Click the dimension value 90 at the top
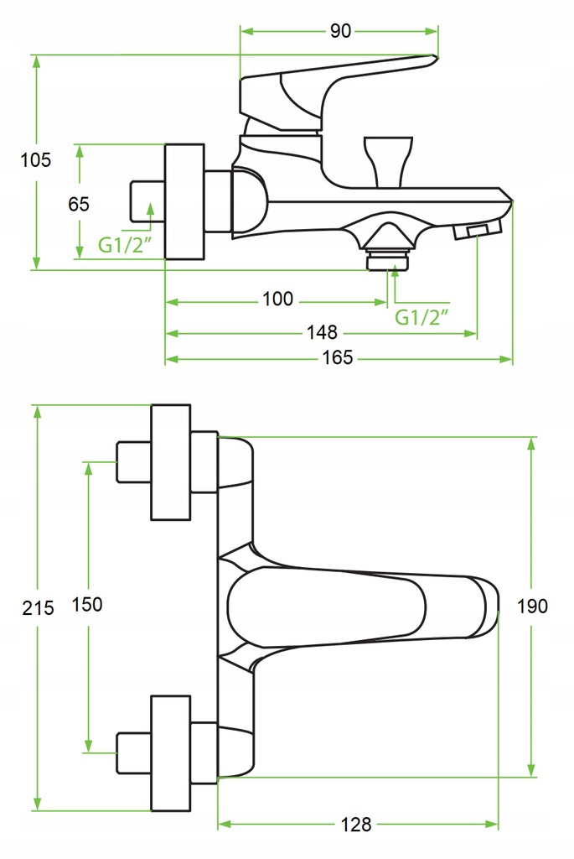click(x=340, y=31)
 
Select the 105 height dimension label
click(x=35, y=159)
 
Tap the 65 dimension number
click(x=79, y=204)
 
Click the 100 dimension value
click(x=277, y=299)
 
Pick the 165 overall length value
click(x=339, y=358)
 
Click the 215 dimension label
click(x=38, y=608)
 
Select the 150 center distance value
click(x=87, y=604)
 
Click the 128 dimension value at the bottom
click(x=357, y=824)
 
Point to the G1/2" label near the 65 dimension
click(x=125, y=245)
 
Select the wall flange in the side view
click(x=184, y=202)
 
